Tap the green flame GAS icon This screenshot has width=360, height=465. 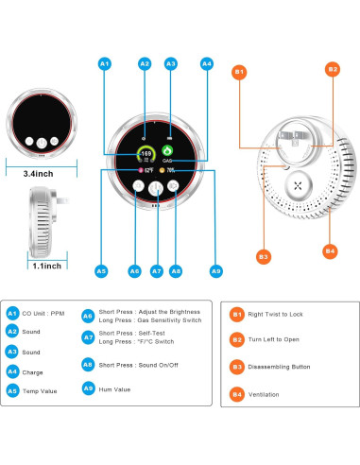click(x=167, y=149)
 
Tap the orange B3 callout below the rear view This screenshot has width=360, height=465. click(x=239, y=256)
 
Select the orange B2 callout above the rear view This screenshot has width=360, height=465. click(x=332, y=69)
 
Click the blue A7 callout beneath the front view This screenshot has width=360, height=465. click(x=155, y=270)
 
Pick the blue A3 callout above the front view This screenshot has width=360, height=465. click(x=171, y=63)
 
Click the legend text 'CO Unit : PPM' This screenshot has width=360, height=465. click(x=44, y=313)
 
